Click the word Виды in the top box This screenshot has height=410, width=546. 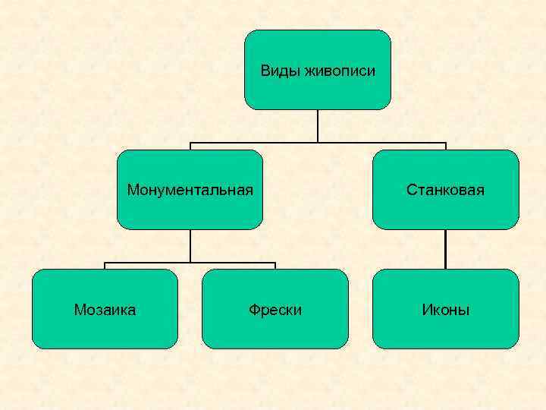tap(280, 71)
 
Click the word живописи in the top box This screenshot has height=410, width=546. tap(339, 71)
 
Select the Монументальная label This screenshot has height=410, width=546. tap(190, 189)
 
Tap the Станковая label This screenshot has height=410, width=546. tap(445, 189)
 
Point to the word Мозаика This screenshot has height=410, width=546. tap(105, 310)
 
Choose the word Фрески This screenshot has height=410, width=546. tap(275, 310)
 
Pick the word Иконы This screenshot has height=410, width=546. tap(446, 310)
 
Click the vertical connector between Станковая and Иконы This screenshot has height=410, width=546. tap(446, 249)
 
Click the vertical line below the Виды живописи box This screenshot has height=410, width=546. tap(318, 125)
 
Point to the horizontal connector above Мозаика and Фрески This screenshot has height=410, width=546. tap(190, 263)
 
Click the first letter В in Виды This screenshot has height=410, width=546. tap(265, 71)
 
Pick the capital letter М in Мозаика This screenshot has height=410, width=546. tap(80, 310)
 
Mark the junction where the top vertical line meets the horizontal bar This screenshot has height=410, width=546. tap(318, 143)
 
